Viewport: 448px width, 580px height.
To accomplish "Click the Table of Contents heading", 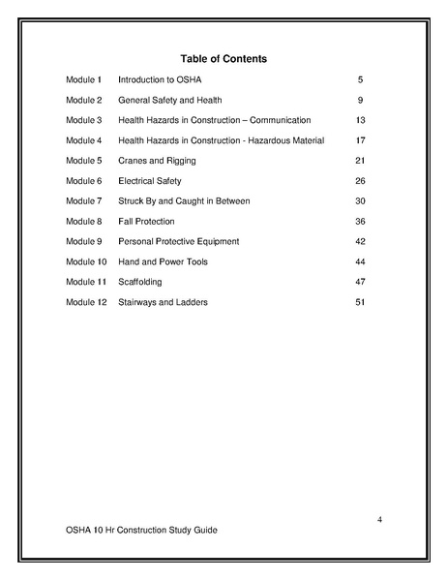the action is pyautogui.click(x=224, y=59).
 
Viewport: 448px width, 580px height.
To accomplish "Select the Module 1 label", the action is pyautogui.click(x=83, y=79).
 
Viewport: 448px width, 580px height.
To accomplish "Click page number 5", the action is pyautogui.click(x=360, y=79).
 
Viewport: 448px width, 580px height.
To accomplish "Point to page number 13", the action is pyautogui.click(x=360, y=120).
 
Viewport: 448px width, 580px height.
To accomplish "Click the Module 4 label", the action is pyautogui.click(x=83, y=140).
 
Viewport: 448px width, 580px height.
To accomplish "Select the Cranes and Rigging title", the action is pyautogui.click(x=159, y=161).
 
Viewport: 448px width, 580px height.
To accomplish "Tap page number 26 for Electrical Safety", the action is pyautogui.click(x=360, y=181).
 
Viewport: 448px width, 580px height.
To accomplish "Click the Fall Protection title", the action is pyautogui.click(x=147, y=222).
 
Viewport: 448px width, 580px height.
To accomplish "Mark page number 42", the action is pyautogui.click(x=360, y=241).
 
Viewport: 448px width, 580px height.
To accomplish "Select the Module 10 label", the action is pyautogui.click(x=85, y=261).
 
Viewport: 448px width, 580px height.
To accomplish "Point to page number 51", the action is pyautogui.click(x=360, y=302).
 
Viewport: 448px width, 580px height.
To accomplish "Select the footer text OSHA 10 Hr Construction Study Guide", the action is pyautogui.click(x=141, y=531).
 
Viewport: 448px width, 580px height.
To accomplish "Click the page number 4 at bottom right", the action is pyautogui.click(x=379, y=521).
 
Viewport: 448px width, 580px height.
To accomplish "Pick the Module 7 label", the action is pyautogui.click(x=83, y=201).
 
